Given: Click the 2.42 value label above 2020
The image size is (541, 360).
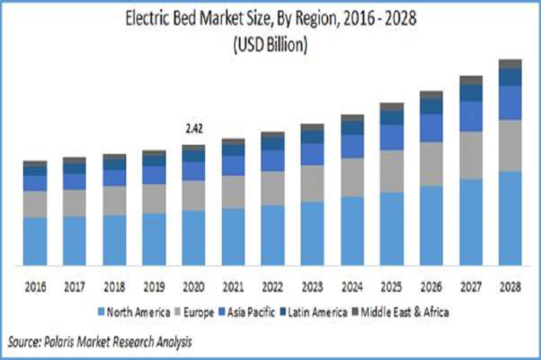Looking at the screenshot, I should click(x=193, y=129).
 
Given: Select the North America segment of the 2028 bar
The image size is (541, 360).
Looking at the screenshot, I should click(x=510, y=218).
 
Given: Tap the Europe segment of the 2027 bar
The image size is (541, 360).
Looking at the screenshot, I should click(x=471, y=155).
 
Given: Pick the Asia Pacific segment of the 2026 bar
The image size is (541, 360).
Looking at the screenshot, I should click(x=431, y=127).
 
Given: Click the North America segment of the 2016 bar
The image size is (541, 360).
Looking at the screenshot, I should click(x=35, y=241).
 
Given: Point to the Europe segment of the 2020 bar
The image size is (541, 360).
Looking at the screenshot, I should click(x=193, y=195).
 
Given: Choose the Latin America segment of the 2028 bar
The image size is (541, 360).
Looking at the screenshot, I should click(x=510, y=77).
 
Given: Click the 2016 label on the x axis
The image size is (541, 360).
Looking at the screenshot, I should click(x=35, y=287).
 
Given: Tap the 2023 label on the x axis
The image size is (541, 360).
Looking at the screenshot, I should click(x=312, y=287).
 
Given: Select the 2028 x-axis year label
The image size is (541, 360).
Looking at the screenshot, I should click(x=510, y=287).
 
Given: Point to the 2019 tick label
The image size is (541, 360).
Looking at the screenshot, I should click(x=154, y=287).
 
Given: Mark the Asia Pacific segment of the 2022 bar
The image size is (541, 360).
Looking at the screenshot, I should click(x=273, y=160).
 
